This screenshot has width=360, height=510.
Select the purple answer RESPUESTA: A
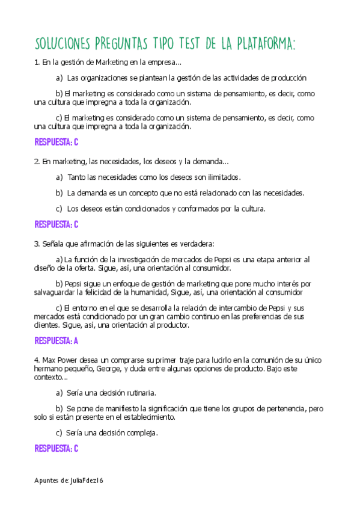click(56, 340)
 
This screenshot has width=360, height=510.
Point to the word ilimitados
click(221, 177)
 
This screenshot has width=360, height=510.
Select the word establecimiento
click(147, 417)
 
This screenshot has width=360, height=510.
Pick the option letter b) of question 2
click(59, 193)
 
